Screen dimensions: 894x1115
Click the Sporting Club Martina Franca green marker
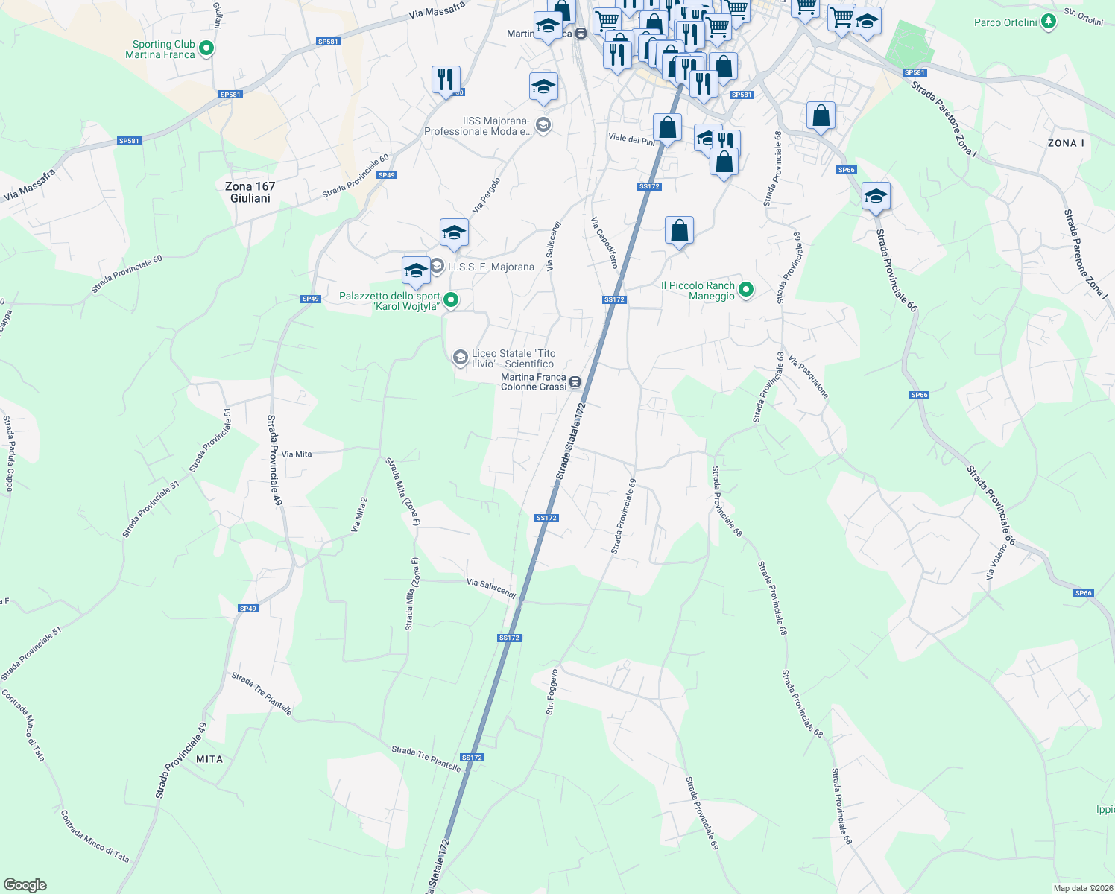[207, 49]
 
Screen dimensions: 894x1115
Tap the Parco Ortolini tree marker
[1049, 21]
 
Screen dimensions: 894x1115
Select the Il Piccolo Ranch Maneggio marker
[745, 289]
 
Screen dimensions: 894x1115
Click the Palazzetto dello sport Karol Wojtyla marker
[450, 300]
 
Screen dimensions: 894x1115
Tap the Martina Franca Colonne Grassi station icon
[575, 382]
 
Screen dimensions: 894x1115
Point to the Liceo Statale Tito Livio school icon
[461, 358]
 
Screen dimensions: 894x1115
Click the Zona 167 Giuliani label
[250, 192]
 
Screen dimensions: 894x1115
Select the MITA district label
[209, 759]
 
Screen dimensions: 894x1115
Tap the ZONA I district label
[1066, 143]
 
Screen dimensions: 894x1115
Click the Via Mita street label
[297, 454]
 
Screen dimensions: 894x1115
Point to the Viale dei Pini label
[631, 139]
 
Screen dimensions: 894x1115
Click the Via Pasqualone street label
[808, 377]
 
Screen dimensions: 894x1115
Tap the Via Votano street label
[996, 562]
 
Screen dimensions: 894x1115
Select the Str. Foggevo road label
[552, 692]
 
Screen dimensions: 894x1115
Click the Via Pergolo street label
[486, 194]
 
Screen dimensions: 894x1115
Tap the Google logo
[25, 885]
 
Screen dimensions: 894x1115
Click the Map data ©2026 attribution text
[1083, 888]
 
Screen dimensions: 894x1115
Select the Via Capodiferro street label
[604, 243]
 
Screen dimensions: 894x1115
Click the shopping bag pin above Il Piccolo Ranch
[679, 230]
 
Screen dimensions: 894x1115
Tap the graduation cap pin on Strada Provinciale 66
[876, 197]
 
